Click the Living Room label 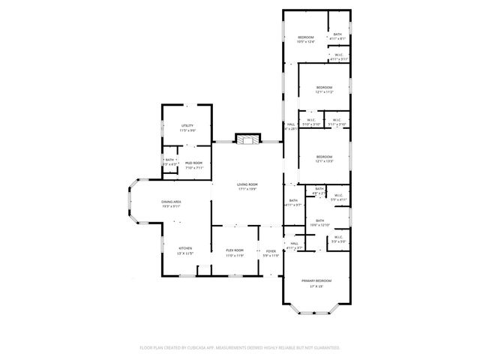pos(247,184)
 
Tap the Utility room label pos(187,125)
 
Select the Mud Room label pos(193,163)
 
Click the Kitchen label pos(184,248)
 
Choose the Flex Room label pos(235,250)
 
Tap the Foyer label pos(271,250)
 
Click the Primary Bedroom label pos(316,280)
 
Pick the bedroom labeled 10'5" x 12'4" pos(306,38)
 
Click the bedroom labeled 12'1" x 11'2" pos(324,88)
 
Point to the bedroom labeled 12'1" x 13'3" pos(324,157)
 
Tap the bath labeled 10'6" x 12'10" pos(319,220)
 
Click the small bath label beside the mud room pos(169,160)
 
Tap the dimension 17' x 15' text pos(316,286)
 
